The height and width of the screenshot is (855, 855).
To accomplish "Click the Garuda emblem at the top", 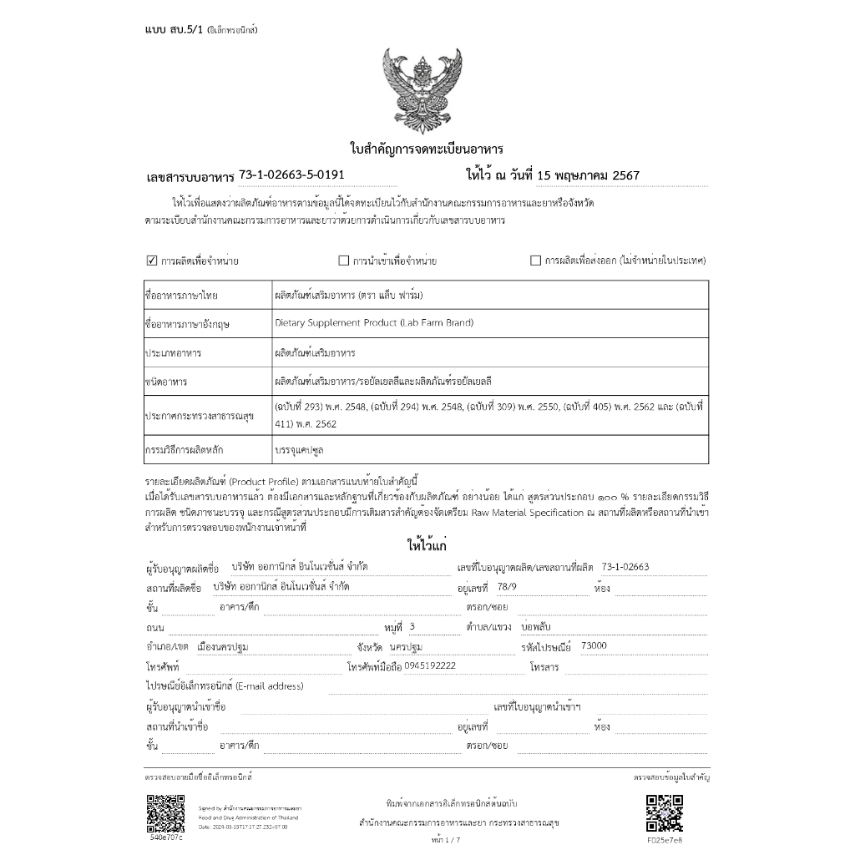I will coord(426,89).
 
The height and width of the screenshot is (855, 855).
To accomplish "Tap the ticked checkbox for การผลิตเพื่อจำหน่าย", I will coord(152,261).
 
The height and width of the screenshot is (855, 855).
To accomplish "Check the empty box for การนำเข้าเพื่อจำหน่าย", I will coord(343,261).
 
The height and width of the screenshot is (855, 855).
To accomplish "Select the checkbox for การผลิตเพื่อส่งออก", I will coord(535,261).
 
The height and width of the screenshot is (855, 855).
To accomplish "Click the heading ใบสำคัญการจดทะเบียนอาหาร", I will coord(426,149).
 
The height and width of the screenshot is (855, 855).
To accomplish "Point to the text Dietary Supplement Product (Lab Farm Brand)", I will coord(374,322).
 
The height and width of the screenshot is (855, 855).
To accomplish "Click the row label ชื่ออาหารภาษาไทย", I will coord(181,296).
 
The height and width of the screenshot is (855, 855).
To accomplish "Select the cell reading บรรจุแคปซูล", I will coord(299,449).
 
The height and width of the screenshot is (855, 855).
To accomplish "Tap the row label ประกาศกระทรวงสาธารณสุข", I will coord(200,414).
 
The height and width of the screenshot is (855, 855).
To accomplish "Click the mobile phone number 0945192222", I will coord(441,666).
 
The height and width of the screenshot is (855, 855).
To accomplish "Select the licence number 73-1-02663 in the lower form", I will coord(625,567).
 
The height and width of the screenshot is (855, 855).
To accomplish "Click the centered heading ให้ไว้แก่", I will coord(427,546).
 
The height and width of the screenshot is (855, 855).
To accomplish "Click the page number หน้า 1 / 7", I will coord(446,839).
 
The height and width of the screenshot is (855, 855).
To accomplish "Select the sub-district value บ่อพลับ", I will coord(536,626).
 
